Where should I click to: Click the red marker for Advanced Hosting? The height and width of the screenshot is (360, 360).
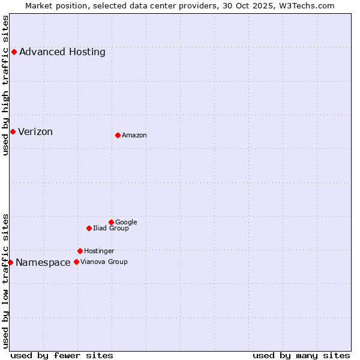click(x=14, y=52)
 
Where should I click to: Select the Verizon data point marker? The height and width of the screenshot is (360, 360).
click(x=13, y=131)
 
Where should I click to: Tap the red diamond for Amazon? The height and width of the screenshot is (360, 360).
click(x=118, y=135)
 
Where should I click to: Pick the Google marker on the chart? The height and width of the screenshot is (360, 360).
click(x=111, y=222)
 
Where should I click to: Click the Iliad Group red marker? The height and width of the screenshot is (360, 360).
click(x=89, y=228)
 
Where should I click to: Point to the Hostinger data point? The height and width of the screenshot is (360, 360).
click(x=80, y=251)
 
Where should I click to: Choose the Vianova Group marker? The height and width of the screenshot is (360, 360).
click(x=76, y=262)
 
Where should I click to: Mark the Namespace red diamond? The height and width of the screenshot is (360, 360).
click(x=10, y=262)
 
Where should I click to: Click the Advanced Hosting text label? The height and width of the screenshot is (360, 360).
click(x=62, y=52)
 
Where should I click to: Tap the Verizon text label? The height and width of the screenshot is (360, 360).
click(x=35, y=131)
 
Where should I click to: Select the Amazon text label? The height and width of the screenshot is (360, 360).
click(x=134, y=135)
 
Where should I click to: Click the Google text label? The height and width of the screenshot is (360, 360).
click(x=126, y=222)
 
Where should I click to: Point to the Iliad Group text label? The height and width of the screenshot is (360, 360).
click(x=111, y=228)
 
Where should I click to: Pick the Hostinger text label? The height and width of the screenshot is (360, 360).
click(x=99, y=251)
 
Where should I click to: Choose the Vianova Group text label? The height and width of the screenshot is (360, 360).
click(x=104, y=262)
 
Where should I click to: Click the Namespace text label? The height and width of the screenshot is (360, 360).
click(x=43, y=262)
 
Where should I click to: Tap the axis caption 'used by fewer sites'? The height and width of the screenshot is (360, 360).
click(x=62, y=355)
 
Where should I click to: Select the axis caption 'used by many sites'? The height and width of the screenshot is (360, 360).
click(x=301, y=355)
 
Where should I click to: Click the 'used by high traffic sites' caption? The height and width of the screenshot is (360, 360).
click(x=5, y=85)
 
